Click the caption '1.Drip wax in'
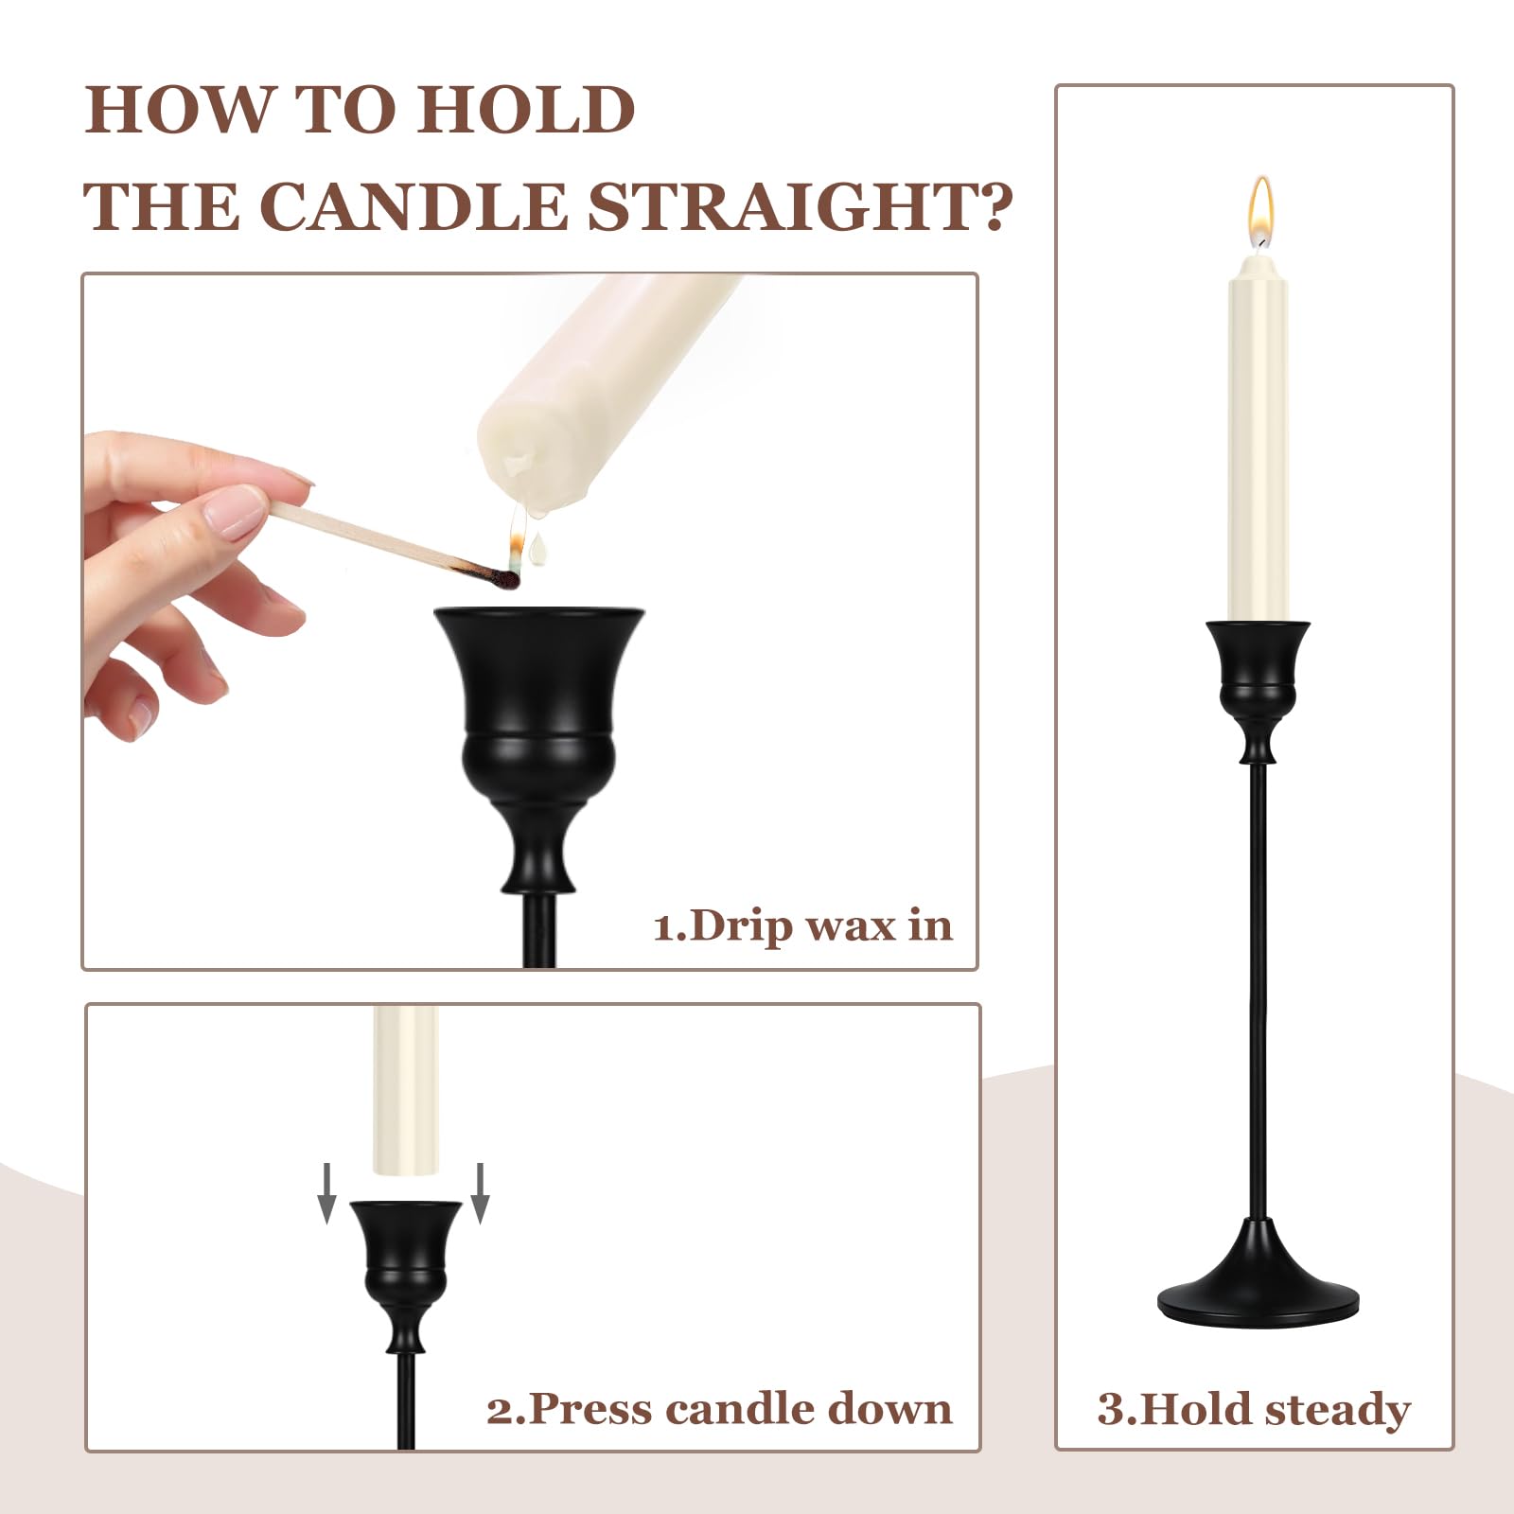[802, 925]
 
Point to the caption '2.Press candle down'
[719, 1409]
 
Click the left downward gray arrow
[326, 1193]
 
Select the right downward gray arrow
[480, 1193]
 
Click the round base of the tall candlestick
[1259, 1276]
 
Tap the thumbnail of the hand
[233, 512]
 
